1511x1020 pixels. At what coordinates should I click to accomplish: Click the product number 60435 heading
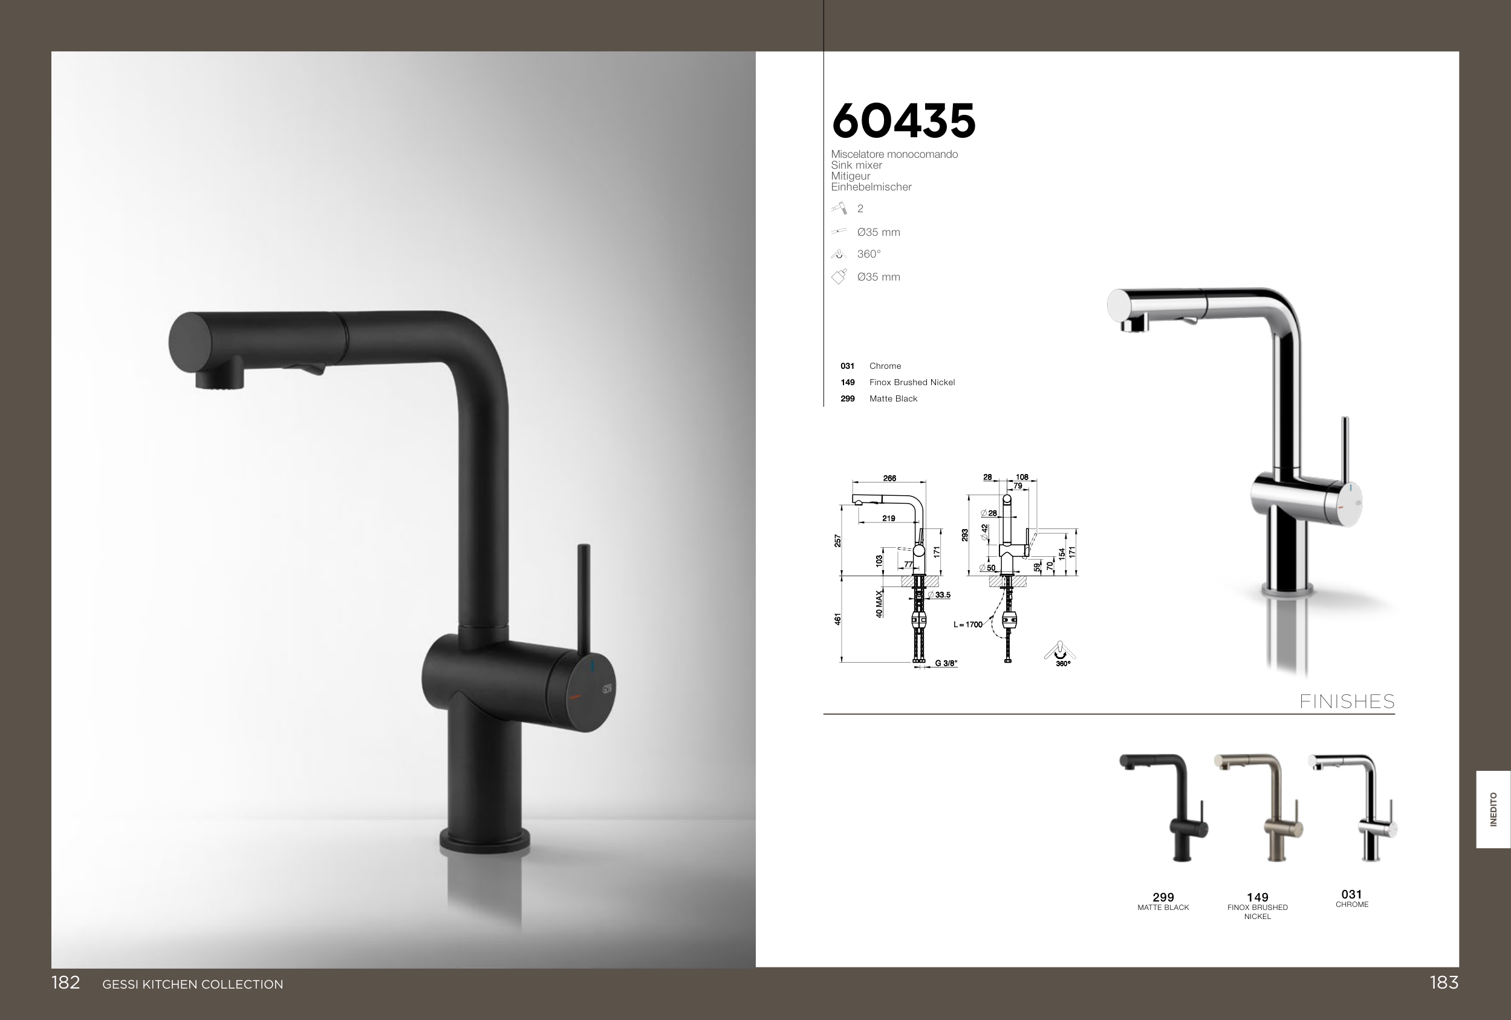click(903, 121)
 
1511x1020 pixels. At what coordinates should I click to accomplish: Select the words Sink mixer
click(856, 165)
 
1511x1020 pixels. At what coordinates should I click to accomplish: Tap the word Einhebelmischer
click(871, 187)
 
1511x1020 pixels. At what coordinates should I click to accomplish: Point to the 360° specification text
click(869, 254)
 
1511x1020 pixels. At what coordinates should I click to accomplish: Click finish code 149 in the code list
click(847, 382)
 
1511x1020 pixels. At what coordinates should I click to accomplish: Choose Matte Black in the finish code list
click(893, 398)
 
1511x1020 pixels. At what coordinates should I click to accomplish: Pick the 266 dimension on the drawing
click(889, 478)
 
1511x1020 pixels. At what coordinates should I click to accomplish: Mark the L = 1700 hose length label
click(968, 625)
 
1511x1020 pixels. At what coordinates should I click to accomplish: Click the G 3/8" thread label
click(946, 663)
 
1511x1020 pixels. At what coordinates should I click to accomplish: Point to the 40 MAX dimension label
click(879, 603)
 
